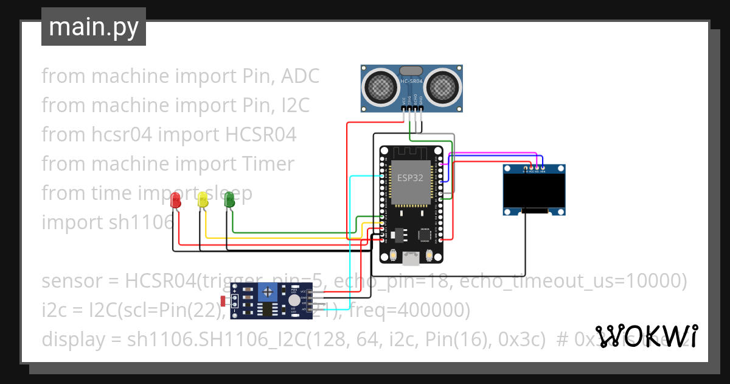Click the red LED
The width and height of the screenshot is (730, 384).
(x=176, y=200)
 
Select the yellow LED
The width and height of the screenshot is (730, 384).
(x=203, y=199)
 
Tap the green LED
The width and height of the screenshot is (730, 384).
(x=229, y=199)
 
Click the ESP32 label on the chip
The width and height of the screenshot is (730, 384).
(x=410, y=178)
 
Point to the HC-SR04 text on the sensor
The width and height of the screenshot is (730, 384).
(x=412, y=80)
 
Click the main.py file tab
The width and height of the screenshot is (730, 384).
(x=94, y=27)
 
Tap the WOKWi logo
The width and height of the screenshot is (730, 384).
(x=646, y=336)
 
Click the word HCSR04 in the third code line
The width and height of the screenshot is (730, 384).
(x=260, y=135)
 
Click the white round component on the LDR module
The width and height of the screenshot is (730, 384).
(x=294, y=300)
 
